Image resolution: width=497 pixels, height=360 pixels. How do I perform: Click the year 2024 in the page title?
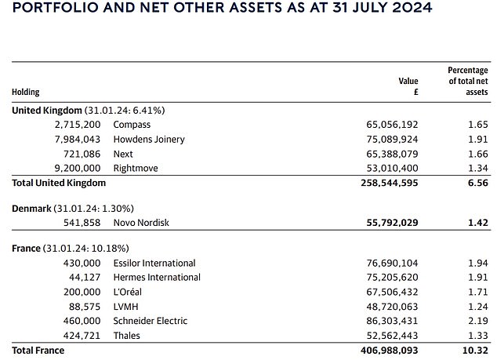coord(412,7)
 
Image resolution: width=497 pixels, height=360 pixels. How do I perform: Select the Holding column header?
coord(26,92)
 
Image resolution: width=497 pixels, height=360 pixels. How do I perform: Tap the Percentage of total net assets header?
coord(468,81)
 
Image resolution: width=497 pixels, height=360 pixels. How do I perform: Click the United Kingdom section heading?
coord(47,111)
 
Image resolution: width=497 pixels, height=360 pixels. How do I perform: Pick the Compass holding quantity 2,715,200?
coord(78,125)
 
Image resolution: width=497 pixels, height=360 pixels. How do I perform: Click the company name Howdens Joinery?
coord(149,140)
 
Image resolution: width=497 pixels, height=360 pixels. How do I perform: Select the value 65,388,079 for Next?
coord(392,154)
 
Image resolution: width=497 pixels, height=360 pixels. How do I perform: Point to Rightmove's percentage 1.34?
coord(478,168)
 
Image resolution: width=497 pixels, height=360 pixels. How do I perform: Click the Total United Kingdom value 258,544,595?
coord(390,183)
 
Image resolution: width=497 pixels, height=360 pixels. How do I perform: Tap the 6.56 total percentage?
coord(478,183)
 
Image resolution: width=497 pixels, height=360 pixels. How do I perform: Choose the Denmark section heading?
coord(31,209)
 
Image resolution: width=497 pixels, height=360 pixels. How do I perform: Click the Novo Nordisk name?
coord(141,223)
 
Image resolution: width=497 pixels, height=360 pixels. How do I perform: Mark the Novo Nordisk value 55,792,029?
coord(392,223)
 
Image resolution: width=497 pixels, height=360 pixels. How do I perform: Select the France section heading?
coord(27,249)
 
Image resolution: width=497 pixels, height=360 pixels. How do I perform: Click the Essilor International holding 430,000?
coord(82,264)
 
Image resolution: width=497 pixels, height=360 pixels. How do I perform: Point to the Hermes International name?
coord(157,278)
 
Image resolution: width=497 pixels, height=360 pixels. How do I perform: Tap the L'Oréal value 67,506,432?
coord(392,292)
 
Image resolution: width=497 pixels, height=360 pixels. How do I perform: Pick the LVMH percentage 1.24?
coord(478,307)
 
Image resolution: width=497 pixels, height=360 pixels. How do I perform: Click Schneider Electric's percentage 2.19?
coord(478,321)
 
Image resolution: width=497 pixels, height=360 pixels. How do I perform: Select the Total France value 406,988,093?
coord(390,351)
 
